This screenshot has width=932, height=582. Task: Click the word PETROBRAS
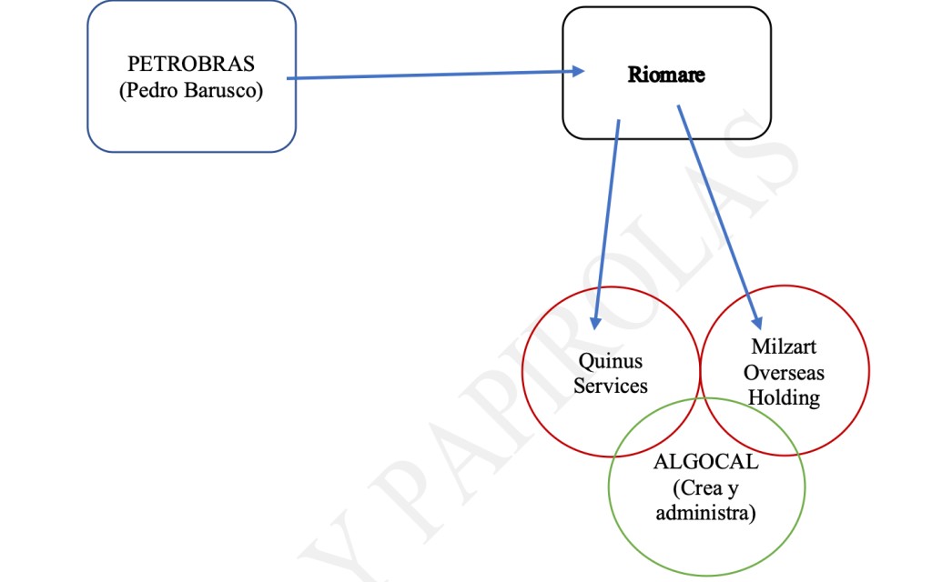191,65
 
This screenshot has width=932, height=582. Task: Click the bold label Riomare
666,75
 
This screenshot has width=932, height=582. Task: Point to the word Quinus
611,362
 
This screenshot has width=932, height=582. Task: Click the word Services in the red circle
611,386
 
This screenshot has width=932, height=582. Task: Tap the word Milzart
783,346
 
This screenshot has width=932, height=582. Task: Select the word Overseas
783,372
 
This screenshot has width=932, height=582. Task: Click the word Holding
783,397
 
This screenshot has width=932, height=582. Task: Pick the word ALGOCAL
705,462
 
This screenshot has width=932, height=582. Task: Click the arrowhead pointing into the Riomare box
576,71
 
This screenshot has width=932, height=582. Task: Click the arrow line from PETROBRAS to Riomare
428,75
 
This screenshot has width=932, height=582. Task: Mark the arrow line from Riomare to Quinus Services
607,218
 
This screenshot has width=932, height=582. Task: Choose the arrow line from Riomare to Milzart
717,214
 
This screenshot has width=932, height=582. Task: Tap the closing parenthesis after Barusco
259,92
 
